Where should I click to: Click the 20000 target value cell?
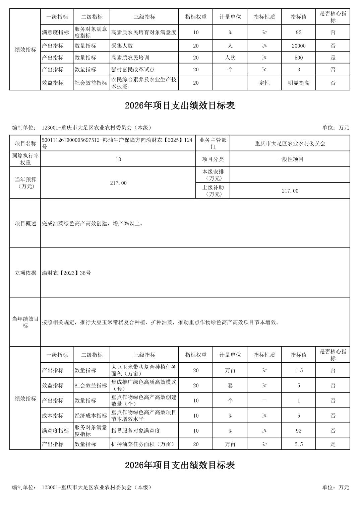tap(298, 46)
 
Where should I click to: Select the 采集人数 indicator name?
tap(122, 46)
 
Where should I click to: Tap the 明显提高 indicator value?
tap(298, 83)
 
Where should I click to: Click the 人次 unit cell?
tap(230, 58)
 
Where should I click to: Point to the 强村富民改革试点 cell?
tap(133, 70)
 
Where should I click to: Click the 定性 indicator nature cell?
tap(264, 83)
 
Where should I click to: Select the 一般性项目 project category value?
tap(290, 159)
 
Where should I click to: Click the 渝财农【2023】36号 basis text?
tap(66, 273)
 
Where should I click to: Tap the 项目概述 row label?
tap(25, 223)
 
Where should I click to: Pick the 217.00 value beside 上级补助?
tap(290, 191)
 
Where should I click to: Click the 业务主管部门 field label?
tap(213, 143)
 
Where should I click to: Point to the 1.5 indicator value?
tap(298, 370)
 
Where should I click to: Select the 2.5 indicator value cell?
tap(298, 444)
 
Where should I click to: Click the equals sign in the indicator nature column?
tap(264, 401)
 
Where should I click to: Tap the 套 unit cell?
tap(230, 385)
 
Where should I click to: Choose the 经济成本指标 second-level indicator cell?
tap(91, 416)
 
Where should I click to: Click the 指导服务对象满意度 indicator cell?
tap(136, 431)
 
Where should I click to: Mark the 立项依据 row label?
tap(25, 273)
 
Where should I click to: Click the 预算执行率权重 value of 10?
tap(118, 159)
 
